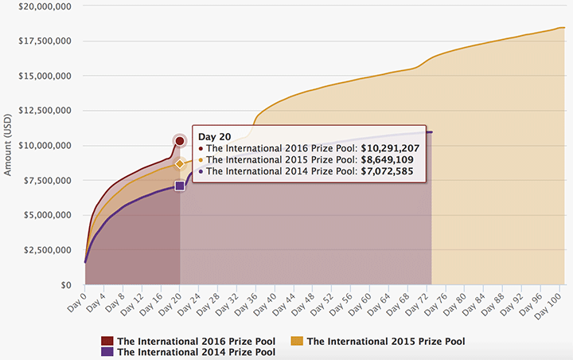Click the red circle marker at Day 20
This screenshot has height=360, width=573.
click(x=180, y=141)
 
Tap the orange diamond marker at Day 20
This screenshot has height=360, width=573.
click(x=180, y=163)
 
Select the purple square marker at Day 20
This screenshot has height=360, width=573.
click(x=180, y=186)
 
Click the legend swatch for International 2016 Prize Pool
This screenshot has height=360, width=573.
click(x=106, y=341)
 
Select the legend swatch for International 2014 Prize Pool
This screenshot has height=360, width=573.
click(x=106, y=352)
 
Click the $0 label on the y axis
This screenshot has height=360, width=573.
click(x=66, y=285)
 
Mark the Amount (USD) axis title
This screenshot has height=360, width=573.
click(x=9, y=146)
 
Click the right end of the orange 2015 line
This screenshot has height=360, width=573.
click(x=563, y=28)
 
